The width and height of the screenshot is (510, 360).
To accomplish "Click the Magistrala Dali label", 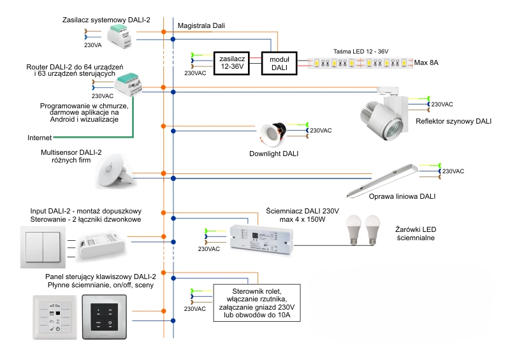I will [202, 26].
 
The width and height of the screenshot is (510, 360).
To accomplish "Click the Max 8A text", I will [426, 63].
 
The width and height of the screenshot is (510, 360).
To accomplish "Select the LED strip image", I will [360, 63].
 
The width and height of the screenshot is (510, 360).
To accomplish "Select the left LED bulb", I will [354, 229].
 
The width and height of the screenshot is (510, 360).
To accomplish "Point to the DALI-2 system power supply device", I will [123, 36].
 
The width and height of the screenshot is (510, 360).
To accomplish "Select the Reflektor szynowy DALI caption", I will [453, 121].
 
